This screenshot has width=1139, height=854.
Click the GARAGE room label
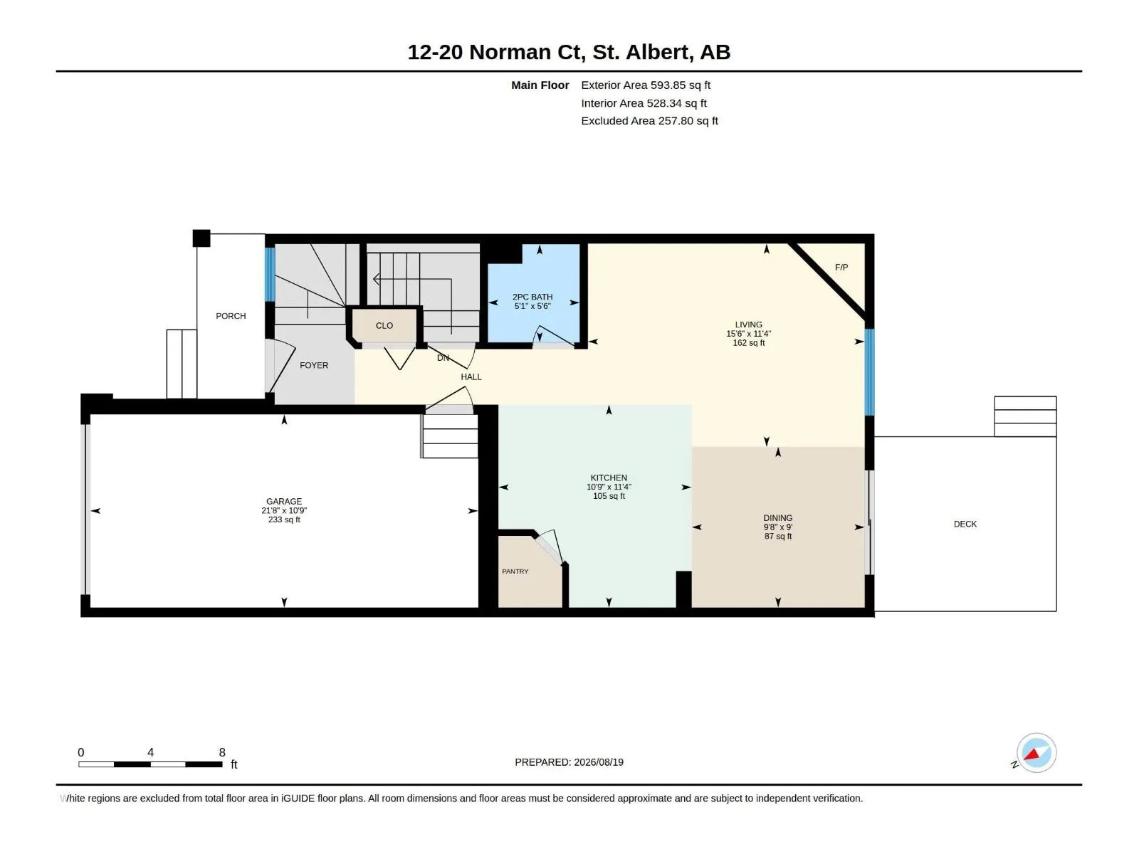click(x=284, y=502)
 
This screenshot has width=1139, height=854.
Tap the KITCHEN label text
click(x=609, y=478)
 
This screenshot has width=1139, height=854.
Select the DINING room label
click(x=778, y=517)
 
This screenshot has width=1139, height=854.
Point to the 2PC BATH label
click(x=532, y=297)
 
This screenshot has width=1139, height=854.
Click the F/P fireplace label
click(x=841, y=267)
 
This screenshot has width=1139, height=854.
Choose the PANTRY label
click(x=515, y=571)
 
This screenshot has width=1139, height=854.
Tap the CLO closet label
click(x=384, y=326)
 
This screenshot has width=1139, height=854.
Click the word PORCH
click(x=231, y=316)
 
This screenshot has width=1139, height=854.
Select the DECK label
click(x=965, y=524)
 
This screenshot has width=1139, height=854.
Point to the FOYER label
click(x=314, y=365)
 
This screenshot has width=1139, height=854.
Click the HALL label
click(x=471, y=377)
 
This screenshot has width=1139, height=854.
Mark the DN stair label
click(x=443, y=358)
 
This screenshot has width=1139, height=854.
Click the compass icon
click(x=1036, y=753)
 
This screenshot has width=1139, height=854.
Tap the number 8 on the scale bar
click(x=222, y=752)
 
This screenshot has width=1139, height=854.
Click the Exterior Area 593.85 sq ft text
click(x=646, y=85)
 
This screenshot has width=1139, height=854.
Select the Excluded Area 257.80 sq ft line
click(x=650, y=121)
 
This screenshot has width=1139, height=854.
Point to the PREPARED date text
click(x=569, y=762)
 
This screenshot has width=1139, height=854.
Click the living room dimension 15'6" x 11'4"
click(x=749, y=334)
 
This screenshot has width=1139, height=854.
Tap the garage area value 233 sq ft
click(x=284, y=520)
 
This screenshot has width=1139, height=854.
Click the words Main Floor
click(x=540, y=85)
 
